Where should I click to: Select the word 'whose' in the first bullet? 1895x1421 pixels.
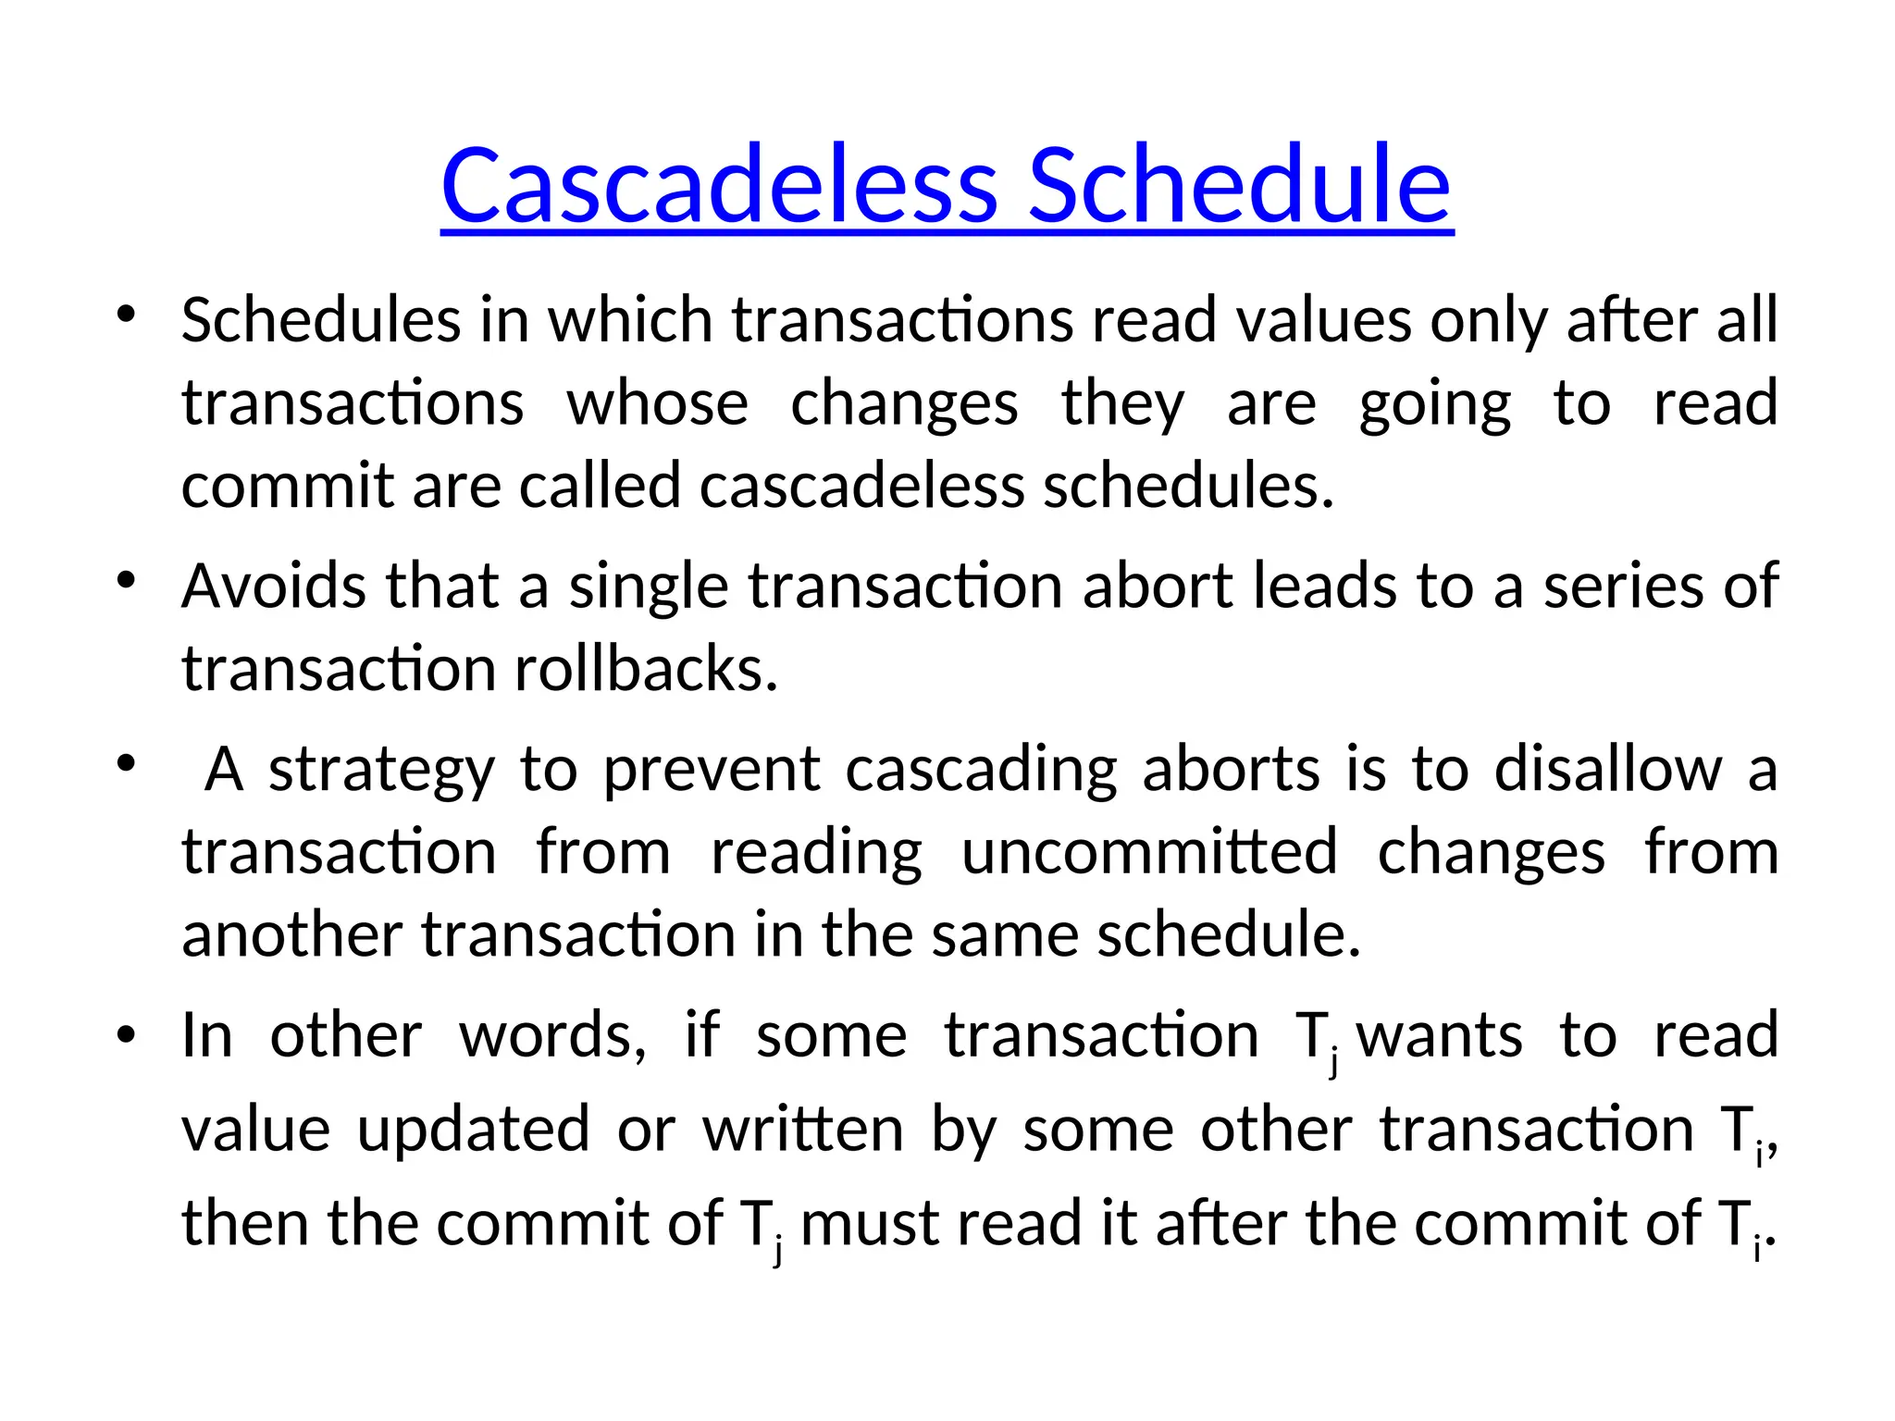[x=657, y=403]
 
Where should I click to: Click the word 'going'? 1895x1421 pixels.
[x=1435, y=405]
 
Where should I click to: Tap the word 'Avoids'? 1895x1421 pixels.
[x=274, y=587]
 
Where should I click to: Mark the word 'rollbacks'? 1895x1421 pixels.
[x=646, y=669]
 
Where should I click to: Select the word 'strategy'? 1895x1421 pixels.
[x=382, y=772]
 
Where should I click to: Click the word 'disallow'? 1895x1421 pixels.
[x=1608, y=770]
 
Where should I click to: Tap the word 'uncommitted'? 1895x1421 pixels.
[x=1150, y=852]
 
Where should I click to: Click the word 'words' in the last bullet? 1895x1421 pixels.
[x=552, y=1035]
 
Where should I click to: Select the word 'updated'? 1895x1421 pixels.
[x=474, y=1131]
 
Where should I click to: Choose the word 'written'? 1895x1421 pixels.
[x=803, y=1130]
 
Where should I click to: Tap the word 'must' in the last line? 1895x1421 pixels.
[x=870, y=1224]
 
